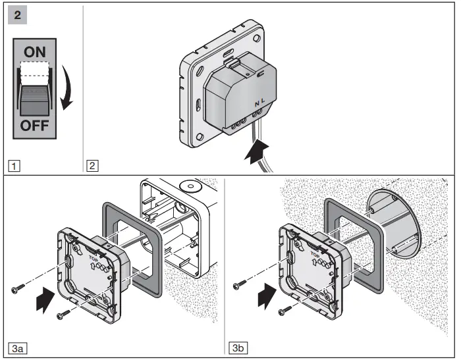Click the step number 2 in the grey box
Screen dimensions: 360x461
point(17,14)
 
